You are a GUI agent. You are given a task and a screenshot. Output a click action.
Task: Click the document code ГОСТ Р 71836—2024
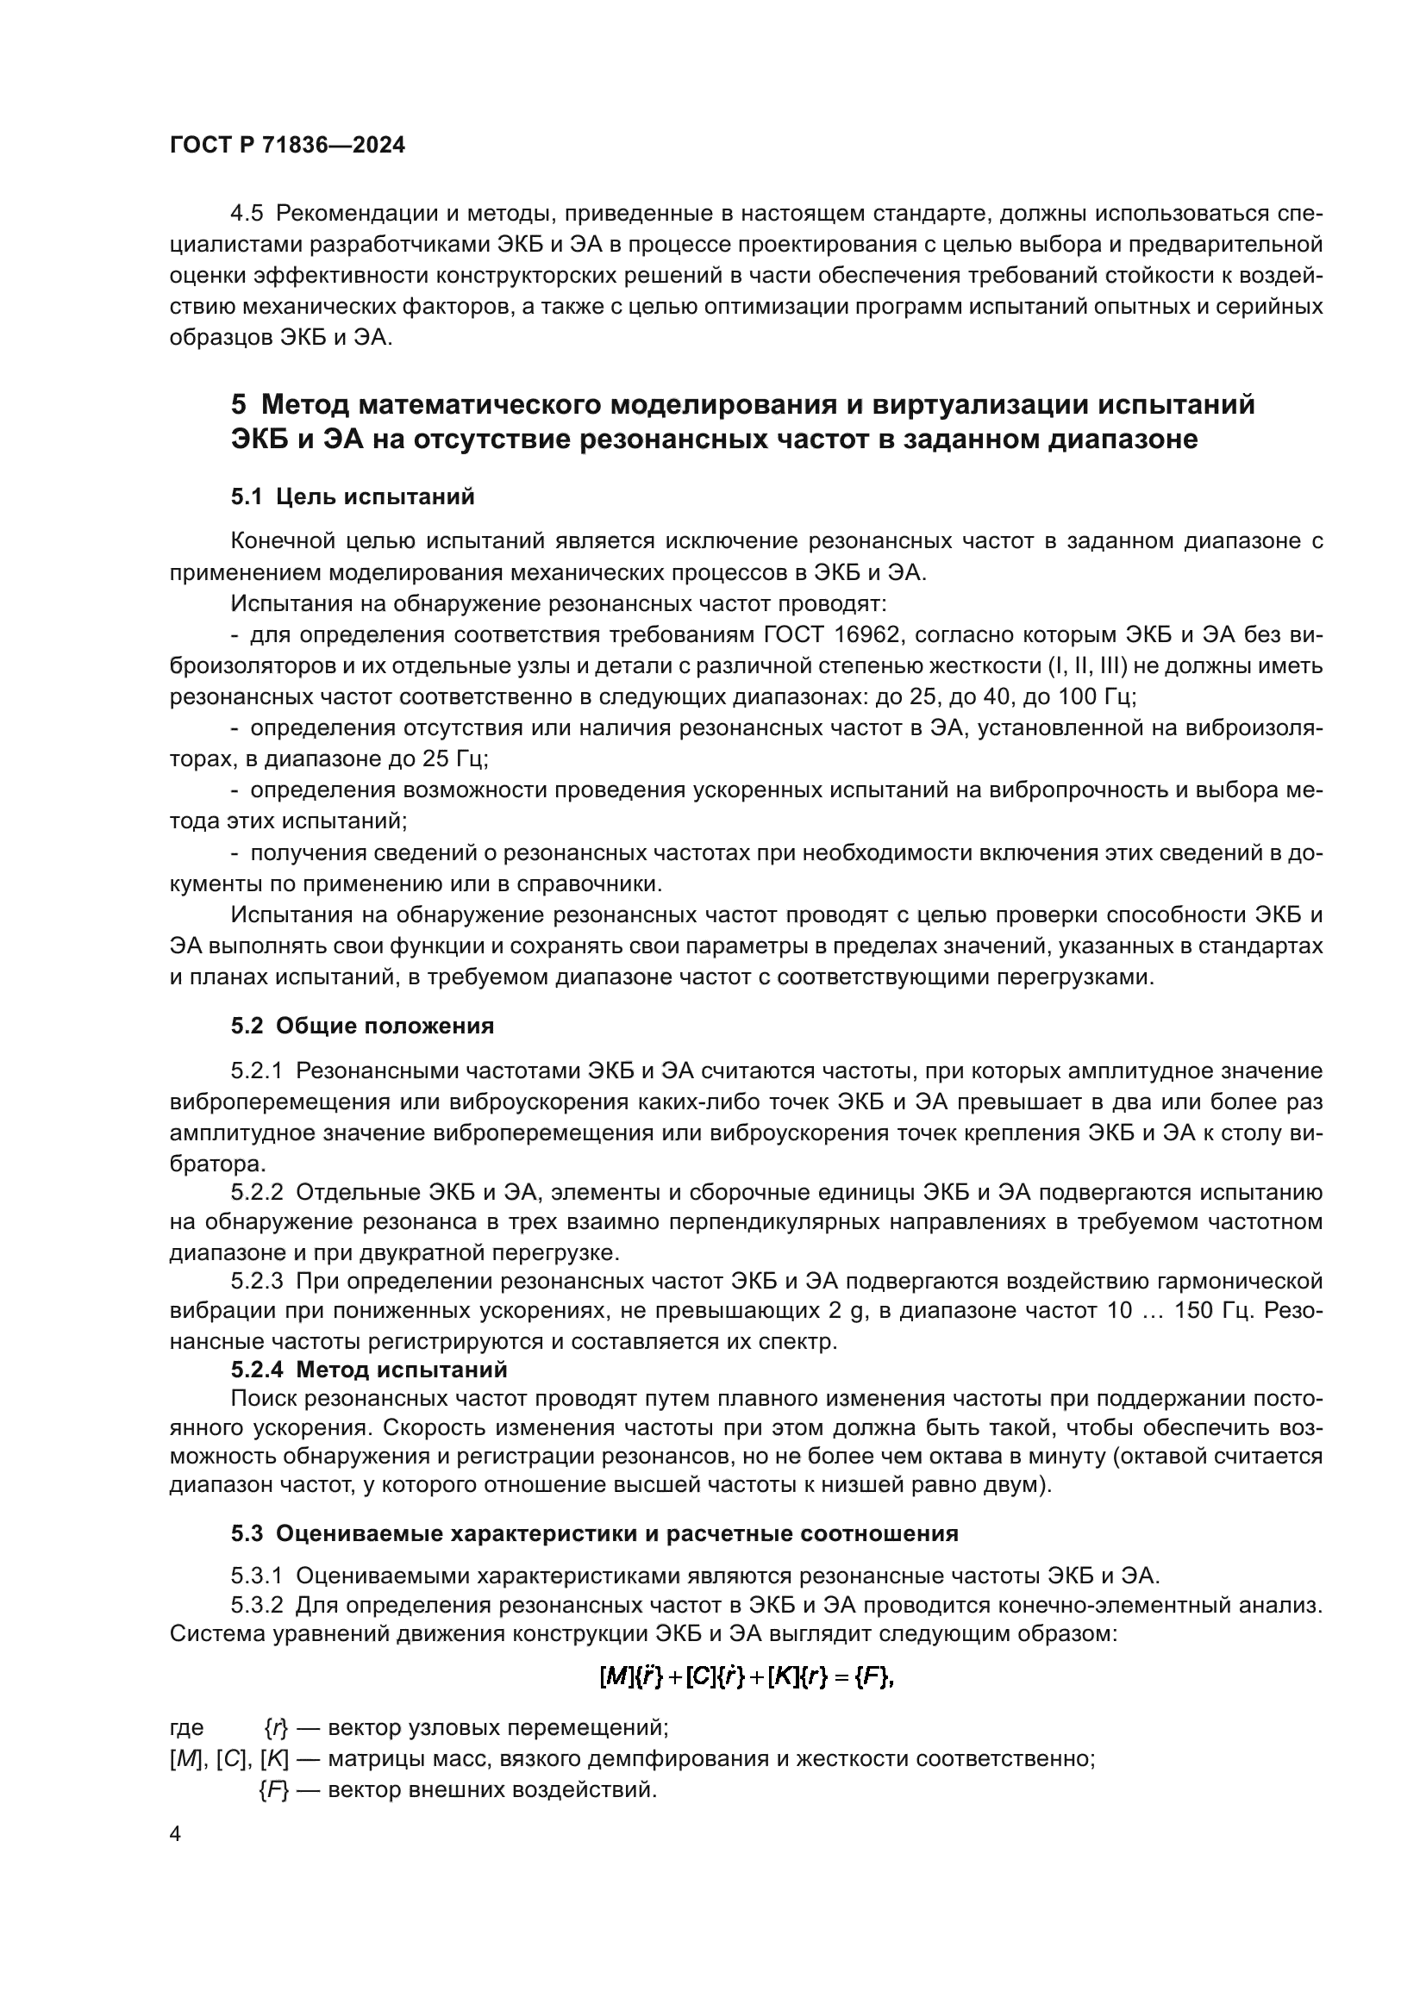click(x=287, y=146)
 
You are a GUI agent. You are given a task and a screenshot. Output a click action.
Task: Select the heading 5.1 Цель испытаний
click(x=352, y=497)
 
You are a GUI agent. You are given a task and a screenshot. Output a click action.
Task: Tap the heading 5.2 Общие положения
click(x=362, y=1026)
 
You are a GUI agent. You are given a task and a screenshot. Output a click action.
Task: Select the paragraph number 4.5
click(x=247, y=214)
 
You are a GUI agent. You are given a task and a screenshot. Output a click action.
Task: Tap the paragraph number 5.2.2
click(x=257, y=1192)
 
